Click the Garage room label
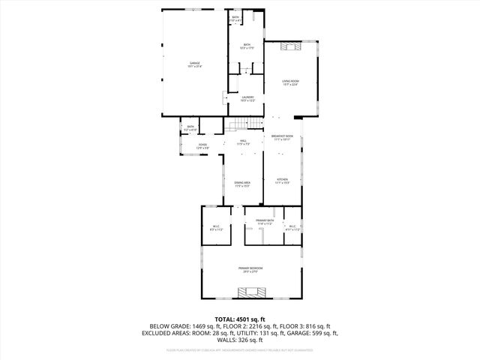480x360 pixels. (195, 64)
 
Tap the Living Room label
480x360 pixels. (290, 82)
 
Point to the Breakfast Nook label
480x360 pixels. (283, 137)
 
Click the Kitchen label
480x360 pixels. (283, 181)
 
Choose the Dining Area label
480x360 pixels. (241, 184)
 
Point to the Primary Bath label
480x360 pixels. (265, 222)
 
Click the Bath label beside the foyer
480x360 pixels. (190, 128)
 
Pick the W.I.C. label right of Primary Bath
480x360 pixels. (292, 228)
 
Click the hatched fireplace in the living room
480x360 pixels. (290, 47)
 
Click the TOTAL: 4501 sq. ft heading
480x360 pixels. (240, 319)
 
